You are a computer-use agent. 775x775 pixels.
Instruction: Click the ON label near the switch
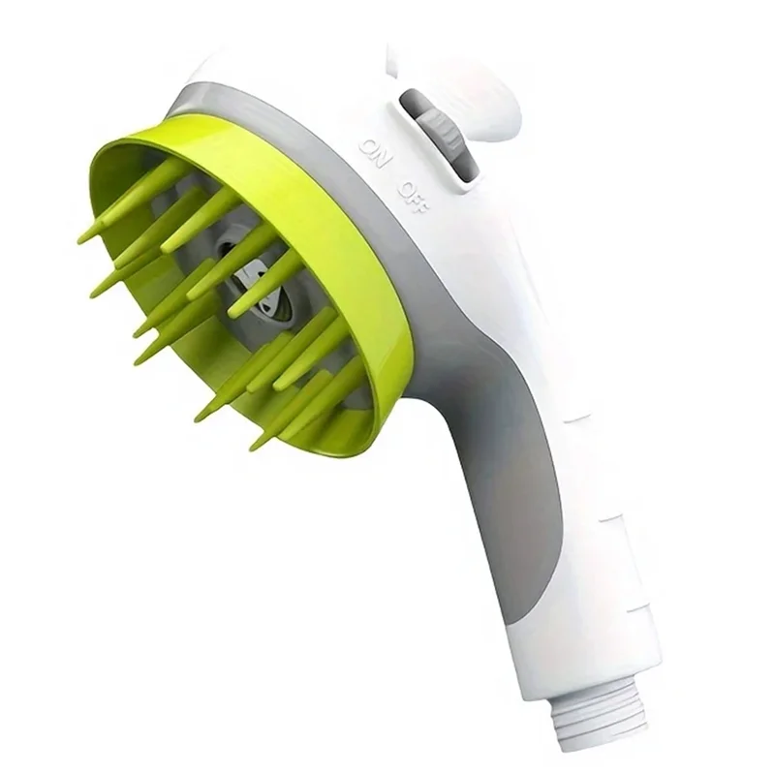click(376, 153)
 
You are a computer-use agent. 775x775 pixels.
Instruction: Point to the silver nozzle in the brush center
click(257, 287)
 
